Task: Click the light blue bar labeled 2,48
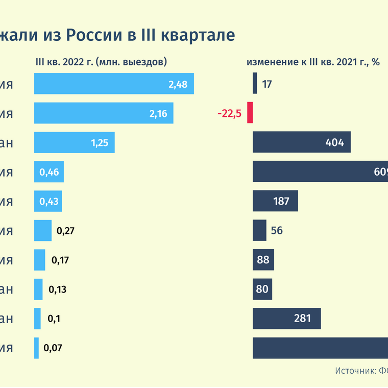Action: pos(114,84)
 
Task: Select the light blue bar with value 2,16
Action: pos(104,113)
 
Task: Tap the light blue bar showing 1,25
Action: pos(74,142)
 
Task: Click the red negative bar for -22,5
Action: pos(250,113)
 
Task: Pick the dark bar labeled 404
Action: pos(301,142)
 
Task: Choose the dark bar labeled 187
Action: pos(275,201)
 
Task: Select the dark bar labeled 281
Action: pos(286,319)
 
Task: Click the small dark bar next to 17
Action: pos(255,84)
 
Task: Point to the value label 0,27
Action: pos(66,231)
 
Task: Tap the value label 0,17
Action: pos(60,260)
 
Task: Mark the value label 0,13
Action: pos(57,289)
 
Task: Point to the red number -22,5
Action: pos(229,113)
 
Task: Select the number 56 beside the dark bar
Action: pos(277,231)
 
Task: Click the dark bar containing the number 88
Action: pos(263,260)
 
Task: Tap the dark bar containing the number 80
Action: pos(262,289)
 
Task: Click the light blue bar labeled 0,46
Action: pos(49,172)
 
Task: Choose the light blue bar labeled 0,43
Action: pos(48,201)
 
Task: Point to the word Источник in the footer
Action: pos(354,371)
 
